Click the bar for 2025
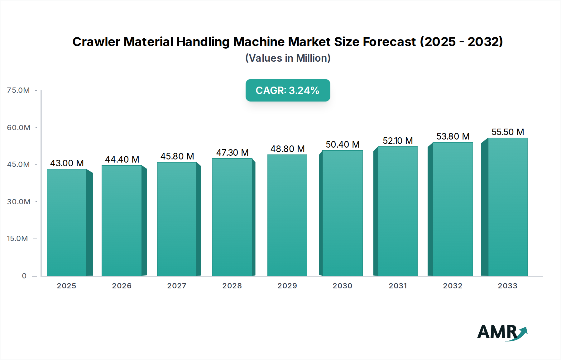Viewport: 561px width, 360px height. pos(66,222)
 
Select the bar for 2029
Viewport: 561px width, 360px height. pos(287,215)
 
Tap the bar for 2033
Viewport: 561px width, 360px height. pos(508,207)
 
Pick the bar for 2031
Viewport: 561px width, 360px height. pos(397,211)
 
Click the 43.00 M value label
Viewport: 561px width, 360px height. pos(67,163)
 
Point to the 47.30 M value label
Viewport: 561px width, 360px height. pos(232,153)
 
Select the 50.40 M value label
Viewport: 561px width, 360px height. pos(343,144)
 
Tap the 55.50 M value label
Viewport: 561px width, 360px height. pos(508,132)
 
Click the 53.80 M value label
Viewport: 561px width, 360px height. pos(453,136)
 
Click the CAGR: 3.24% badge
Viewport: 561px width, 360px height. pos(288,90)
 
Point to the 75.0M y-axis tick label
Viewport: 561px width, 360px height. pos(18,90)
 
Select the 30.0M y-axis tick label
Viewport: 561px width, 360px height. pos(18,202)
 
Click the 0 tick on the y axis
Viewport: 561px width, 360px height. pos(24,276)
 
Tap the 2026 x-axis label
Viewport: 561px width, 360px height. pos(122,286)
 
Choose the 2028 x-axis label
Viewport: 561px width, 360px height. pos(232,286)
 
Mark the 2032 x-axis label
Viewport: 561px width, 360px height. pos(453,286)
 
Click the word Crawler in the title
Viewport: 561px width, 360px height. pos(96,42)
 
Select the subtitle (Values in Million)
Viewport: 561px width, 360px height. pos(288,58)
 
